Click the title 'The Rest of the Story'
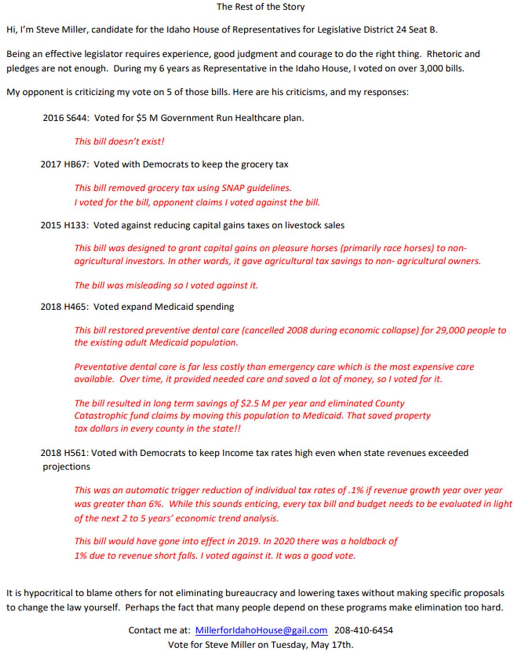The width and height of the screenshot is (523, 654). (x=261, y=7)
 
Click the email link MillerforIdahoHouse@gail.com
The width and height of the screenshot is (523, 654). (x=261, y=630)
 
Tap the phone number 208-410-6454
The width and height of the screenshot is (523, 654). (x=363, y=630)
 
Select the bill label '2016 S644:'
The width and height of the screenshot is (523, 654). (x=65, y=118)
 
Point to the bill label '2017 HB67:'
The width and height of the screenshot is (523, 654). (x=65, y=164)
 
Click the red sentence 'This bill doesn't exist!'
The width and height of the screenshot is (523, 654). (x=119, y=141)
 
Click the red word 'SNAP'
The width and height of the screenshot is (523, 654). (x=233, y=188)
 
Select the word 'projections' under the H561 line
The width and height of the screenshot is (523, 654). (x=67, y=467)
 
